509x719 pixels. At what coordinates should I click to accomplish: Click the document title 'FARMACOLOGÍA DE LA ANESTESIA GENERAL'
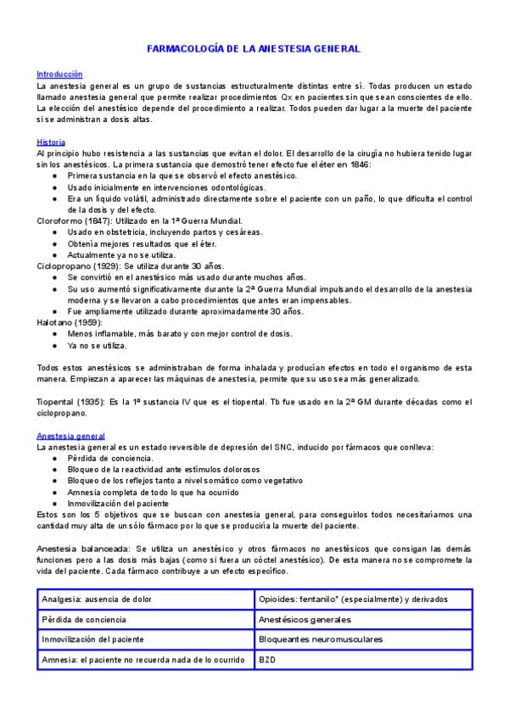(x=255, y=49)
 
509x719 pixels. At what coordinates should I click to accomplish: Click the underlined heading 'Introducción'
(x=59, y=75)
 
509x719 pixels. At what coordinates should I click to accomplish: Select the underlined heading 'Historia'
(x=52, y=142)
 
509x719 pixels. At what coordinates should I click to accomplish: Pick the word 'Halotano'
(x=55, y=322)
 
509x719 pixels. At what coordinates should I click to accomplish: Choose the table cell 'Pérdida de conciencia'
(x=82, y=619)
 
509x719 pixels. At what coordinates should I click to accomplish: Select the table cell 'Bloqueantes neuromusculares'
(x=321, y=638)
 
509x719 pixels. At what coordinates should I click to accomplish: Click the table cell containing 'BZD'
(x=267, y=659)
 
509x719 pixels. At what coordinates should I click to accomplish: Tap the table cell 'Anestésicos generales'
(x=305, y=619)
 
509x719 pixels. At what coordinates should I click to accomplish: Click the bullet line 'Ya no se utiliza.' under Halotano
(x=98, y=345)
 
